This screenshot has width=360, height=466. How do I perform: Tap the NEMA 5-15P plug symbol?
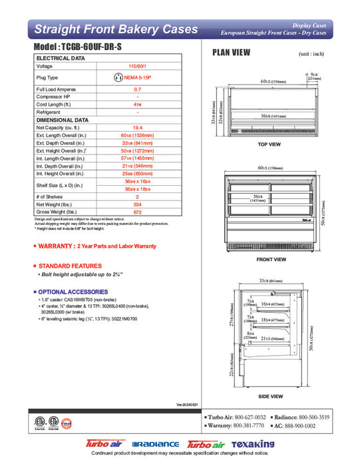(x=118, y=78)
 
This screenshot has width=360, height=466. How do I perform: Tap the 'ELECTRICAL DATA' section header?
(x=61, y=59)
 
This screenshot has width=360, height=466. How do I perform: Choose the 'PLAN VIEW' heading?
(x=231, y=53)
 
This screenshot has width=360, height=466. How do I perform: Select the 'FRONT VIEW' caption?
(x=271, y=259)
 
